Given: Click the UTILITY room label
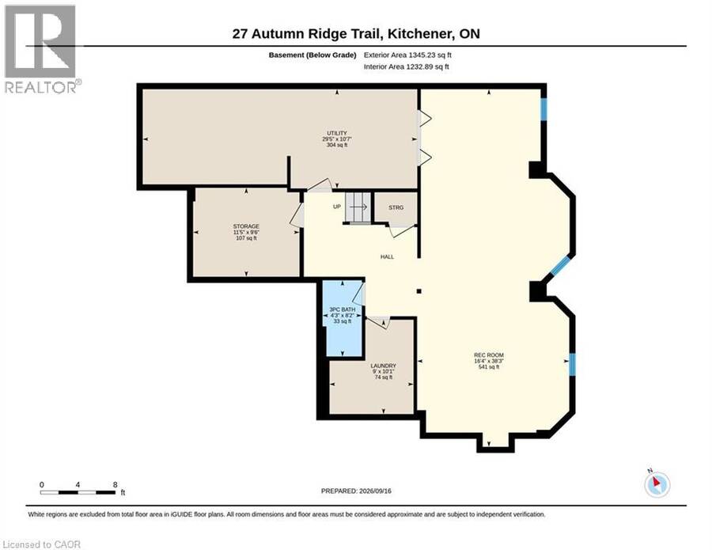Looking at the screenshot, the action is coord(337,133).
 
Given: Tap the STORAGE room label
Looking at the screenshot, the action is coord(246,226).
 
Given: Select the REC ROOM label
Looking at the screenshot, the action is coord(489,355).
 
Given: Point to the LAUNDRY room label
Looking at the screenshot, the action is coord(383,366).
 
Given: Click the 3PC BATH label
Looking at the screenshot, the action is coord(343,309).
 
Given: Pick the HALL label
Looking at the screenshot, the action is coord(388,256).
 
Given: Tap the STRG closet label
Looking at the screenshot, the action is coord(396,207).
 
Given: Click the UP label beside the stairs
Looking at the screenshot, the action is coord(337,207).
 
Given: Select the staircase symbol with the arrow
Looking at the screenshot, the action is coord(358,207).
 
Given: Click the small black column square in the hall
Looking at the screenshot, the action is coord(419,291).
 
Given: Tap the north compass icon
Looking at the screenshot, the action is coord(657,484).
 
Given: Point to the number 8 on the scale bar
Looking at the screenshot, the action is coord(116,484).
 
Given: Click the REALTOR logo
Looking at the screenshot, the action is coord(42,49).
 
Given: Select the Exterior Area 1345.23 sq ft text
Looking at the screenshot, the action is coord(407,55).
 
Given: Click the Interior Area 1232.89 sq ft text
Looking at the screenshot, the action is coord(407,66).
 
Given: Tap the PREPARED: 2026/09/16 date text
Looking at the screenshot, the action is coord(356,491).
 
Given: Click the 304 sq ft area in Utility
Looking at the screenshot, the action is coord(337,145).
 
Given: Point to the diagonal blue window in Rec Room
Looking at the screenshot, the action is coord(560,266).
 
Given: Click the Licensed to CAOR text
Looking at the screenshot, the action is coord(42,544).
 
